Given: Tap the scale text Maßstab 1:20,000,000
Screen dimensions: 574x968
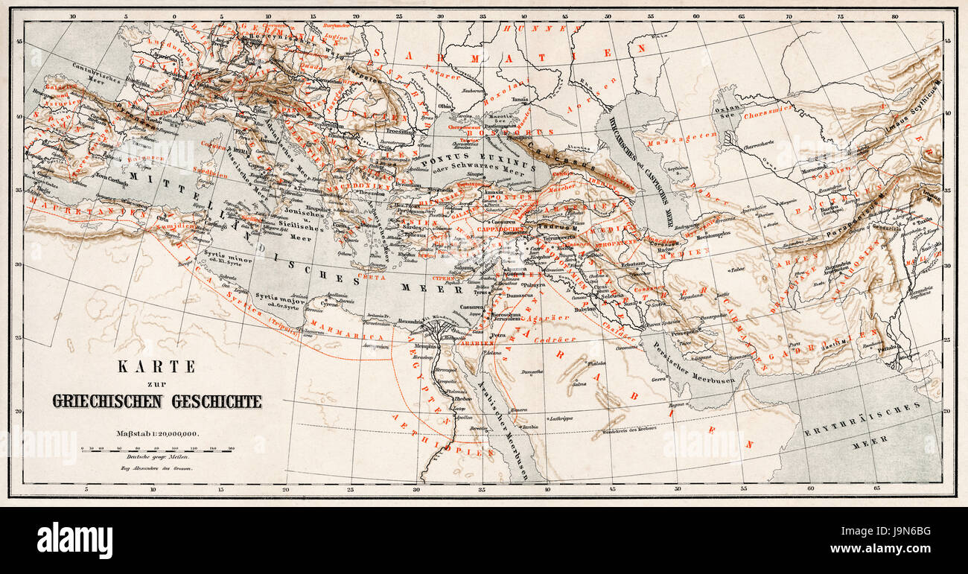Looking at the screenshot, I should pyautogui.click(x=156, y=433).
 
